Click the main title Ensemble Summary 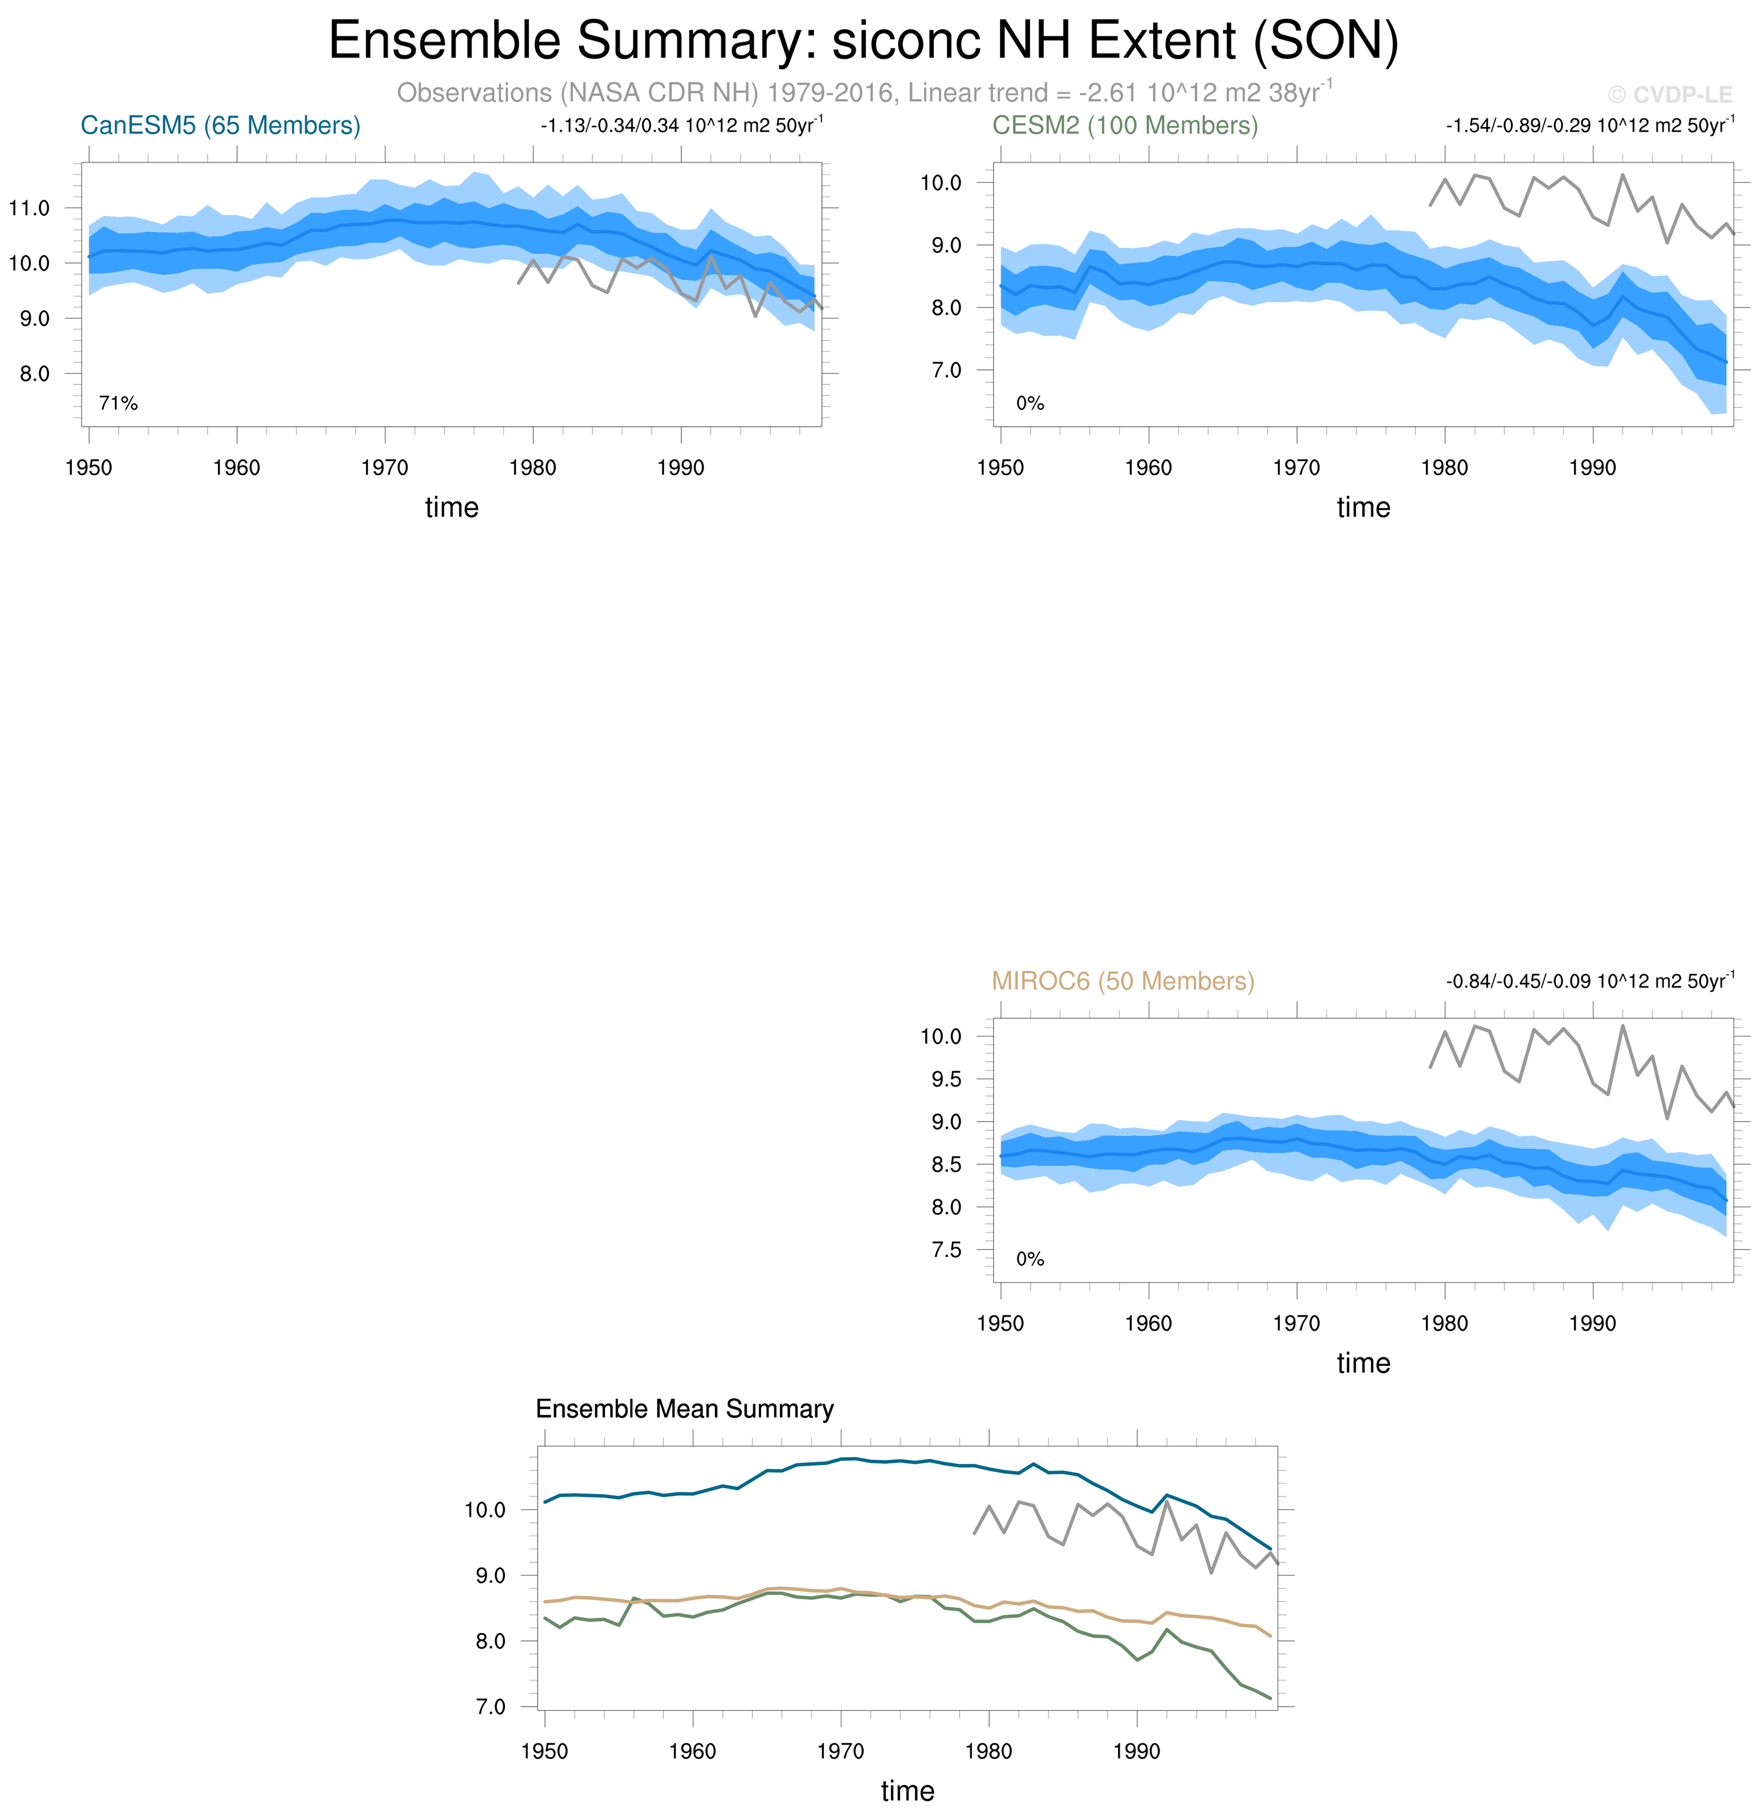click(x=863, y=41)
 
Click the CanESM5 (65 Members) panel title click(x=220, y=125)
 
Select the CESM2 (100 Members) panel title click(x=1125, y=125)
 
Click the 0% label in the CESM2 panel click(x=1030, y=403)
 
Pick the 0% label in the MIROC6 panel click(x=1030, y=1259)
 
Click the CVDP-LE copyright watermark click(x=1669, y=95)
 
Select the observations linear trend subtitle click(x=864, y=93)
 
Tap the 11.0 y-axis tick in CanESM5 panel click(x=30, y=208)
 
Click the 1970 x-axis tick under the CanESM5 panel click(x=384, y=468)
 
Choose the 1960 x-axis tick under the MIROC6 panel click(x=1148, y=1323)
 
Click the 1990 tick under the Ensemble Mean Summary click(x=1137, y=1751)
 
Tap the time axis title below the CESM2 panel click(x=1363, y=507)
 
